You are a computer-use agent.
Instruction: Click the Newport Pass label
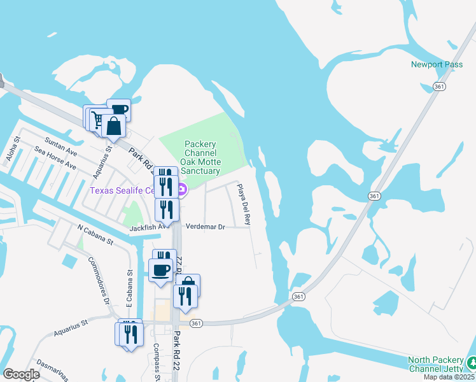pos(436,64)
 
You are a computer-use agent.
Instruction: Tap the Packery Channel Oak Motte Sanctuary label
pos(200,158)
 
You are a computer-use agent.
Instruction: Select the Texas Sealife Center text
pos(122,190)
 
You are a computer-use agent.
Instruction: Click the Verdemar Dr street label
pos(205,227)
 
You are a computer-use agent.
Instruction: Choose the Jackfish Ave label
pos(148,226)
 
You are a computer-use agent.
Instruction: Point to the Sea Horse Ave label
pos(55,159)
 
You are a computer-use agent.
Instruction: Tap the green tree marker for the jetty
pos(471,363)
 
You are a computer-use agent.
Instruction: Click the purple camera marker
pos(181,190)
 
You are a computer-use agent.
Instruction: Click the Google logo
pos(22,374)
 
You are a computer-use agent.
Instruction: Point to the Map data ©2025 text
pos(452,377)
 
